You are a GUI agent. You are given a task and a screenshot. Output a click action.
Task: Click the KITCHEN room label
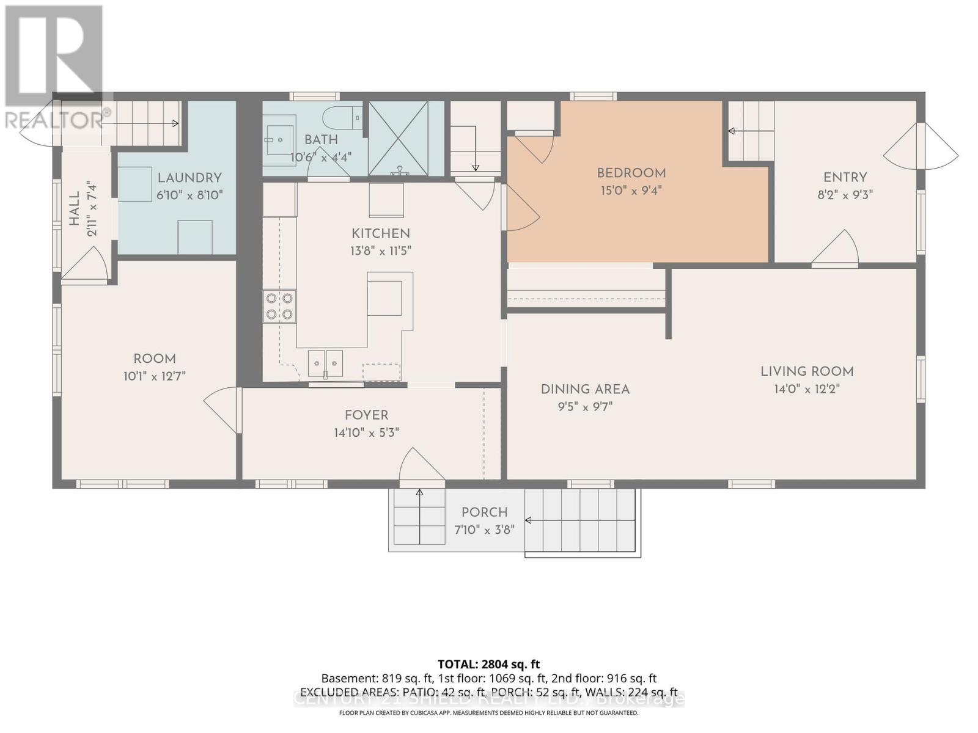tap(380, 233)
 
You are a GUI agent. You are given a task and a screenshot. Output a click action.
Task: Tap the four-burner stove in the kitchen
tap(279, 307)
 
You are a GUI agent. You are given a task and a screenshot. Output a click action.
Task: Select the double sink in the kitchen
tap(325, 364)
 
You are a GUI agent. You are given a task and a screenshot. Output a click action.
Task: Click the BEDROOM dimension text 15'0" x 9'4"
tap(631, 191)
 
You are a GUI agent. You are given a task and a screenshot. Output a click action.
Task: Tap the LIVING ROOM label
tap(806, 371)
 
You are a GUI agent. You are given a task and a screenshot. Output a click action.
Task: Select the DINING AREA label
tap(584, 389)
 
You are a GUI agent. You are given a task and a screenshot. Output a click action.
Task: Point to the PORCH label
tap(484, 512)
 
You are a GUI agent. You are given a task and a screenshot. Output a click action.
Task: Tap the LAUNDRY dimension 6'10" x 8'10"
tap(189, 195)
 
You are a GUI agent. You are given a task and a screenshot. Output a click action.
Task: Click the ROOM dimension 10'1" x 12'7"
tap(154, 376)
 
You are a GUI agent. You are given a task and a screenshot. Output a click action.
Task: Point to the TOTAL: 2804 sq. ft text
tap(488, 664)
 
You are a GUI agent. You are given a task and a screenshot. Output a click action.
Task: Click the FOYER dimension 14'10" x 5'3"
tap(366, 432)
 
